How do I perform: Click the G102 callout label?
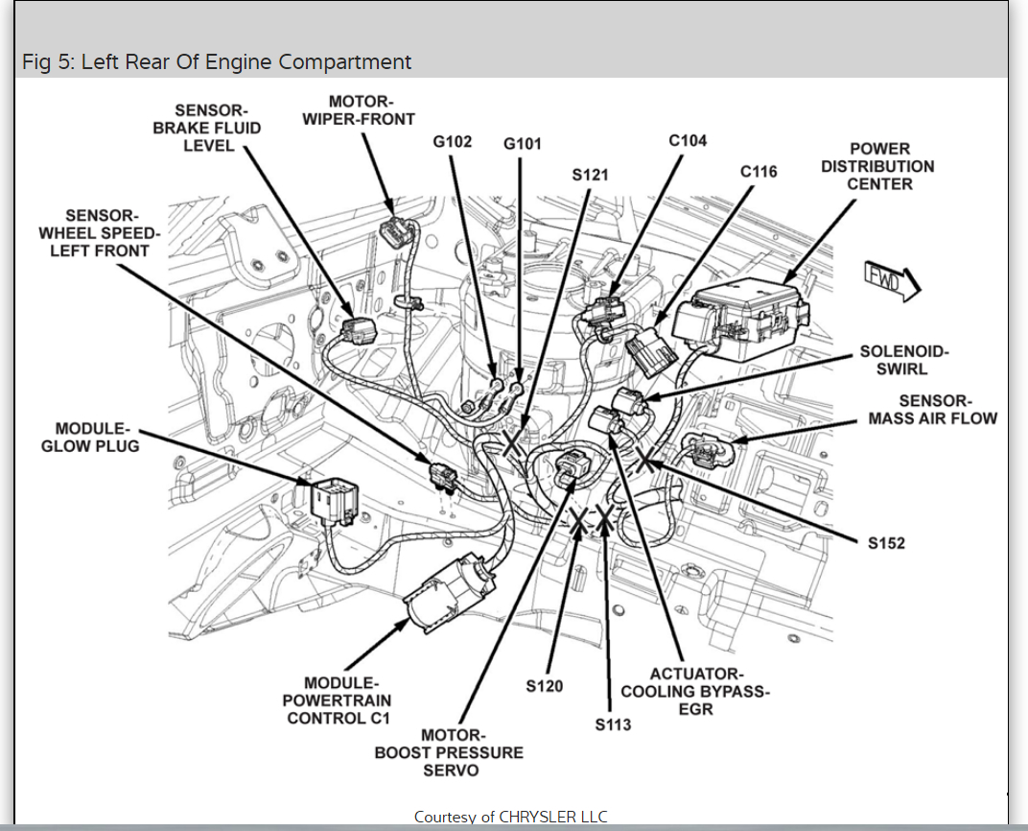[453, 142]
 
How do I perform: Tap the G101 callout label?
[523, 144]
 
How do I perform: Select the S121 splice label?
[590, 176]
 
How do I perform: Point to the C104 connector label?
[688, 141]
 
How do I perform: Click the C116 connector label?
[759, 172]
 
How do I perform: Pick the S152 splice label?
[886, 543]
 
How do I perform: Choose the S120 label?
[545, 686]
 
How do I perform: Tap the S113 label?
[613, 724]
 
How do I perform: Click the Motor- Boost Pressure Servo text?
[449, 753]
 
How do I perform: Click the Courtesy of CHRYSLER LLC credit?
[510, 817]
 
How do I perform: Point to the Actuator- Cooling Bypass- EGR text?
[695, 692]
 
